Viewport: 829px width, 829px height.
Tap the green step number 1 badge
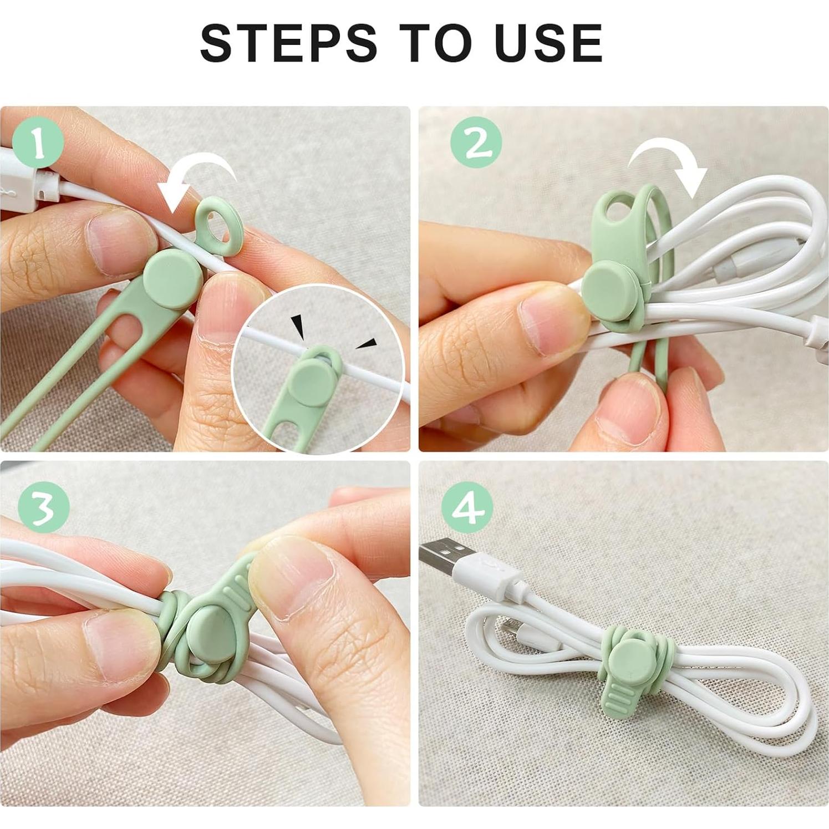click(38, 145)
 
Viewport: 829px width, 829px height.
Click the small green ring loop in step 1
click(217, 227)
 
